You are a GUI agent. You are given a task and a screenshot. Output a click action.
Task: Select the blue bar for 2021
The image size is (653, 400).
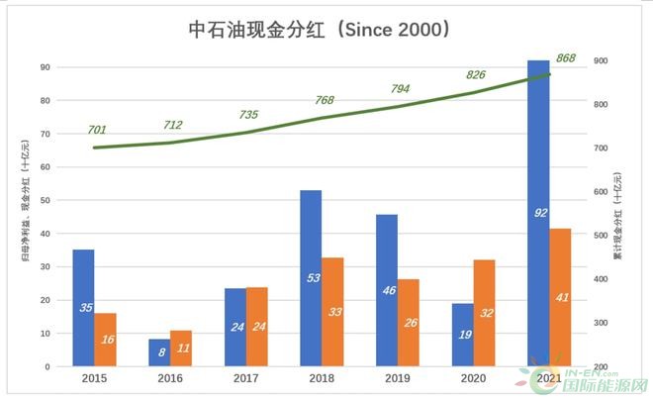point(538,213)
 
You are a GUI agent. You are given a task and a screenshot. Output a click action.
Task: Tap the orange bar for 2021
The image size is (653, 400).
point(561,297)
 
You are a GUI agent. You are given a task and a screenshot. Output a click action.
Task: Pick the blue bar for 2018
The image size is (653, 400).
point(311,278)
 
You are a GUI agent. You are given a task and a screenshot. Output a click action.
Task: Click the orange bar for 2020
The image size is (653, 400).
point(485,313)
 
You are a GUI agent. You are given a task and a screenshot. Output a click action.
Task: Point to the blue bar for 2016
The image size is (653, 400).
point(159,352)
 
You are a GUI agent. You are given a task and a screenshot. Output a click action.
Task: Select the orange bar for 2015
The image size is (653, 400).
point(106,340)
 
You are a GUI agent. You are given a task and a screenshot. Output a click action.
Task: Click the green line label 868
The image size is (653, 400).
point(567,58)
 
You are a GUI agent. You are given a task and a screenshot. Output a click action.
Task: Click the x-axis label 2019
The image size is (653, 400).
point(399,378)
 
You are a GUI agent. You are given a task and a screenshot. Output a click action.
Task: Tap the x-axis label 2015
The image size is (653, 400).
point(95,378)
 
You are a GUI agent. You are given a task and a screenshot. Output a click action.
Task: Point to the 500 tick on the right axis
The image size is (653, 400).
point(602,236)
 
